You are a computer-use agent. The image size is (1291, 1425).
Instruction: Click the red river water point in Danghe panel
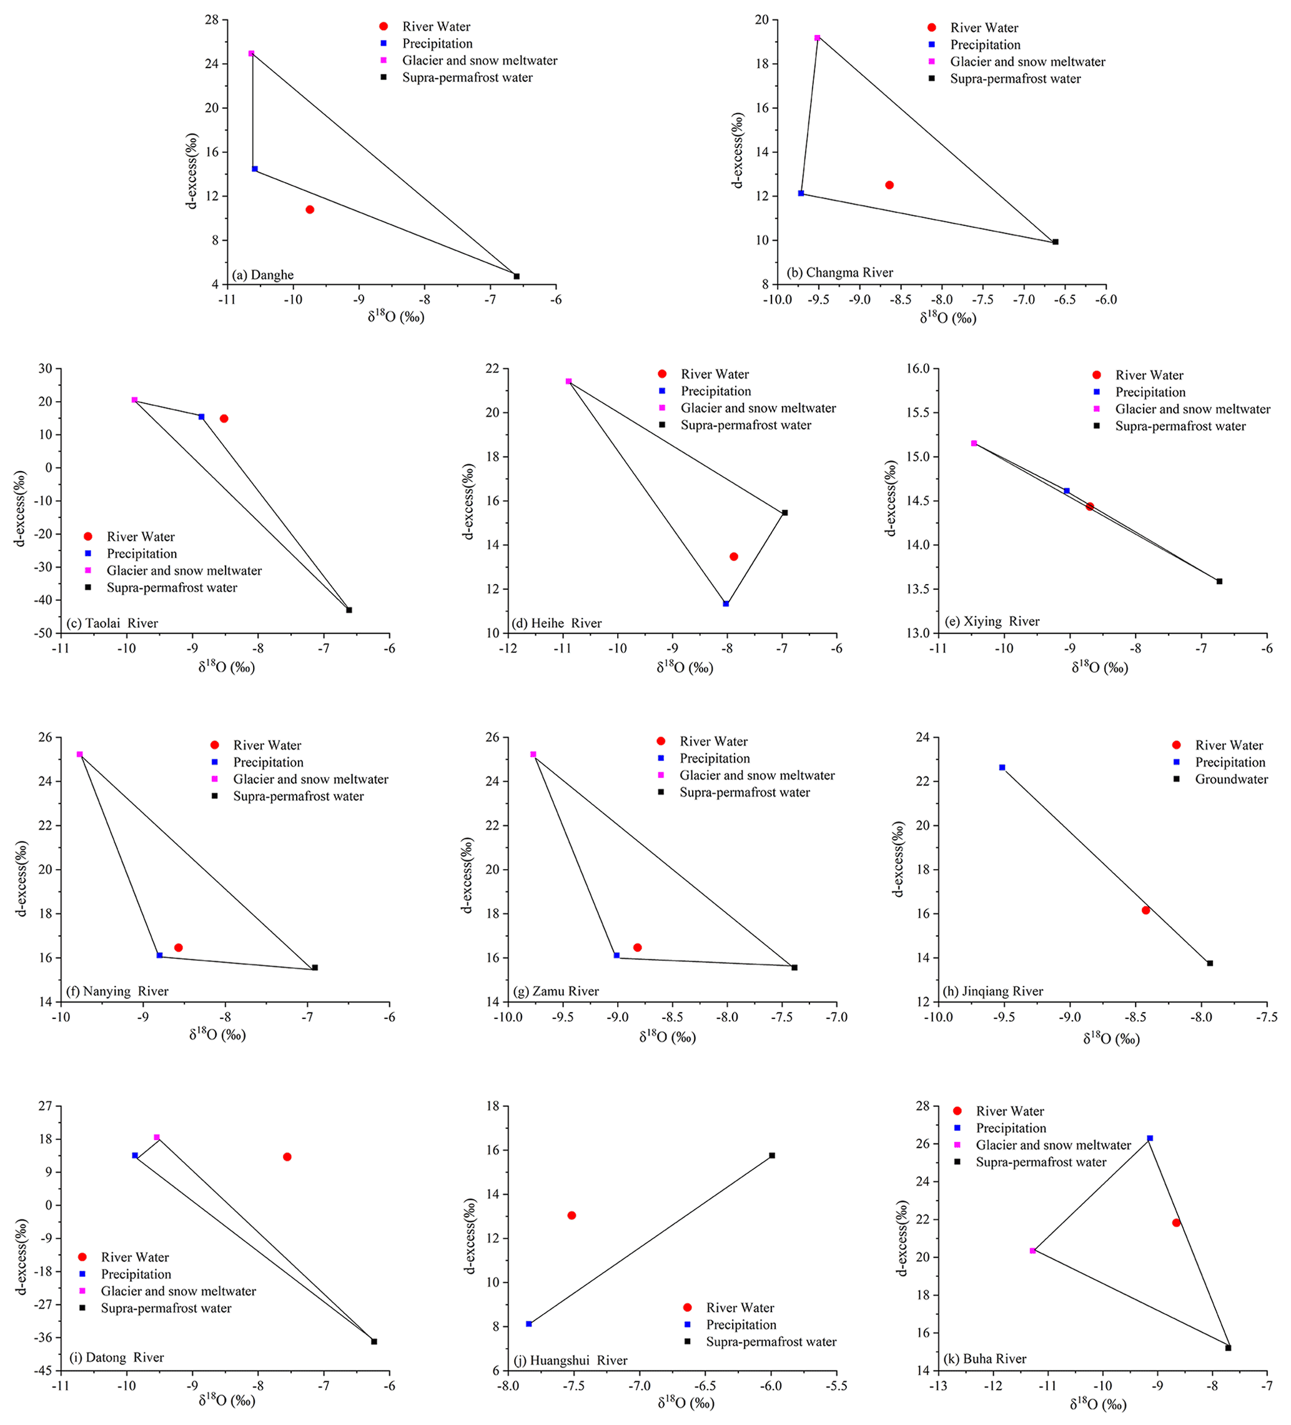coord(310,209)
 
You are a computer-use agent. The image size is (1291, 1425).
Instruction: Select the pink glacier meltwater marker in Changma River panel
coord(817,37)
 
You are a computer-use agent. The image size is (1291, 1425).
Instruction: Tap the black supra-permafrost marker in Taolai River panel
coord(349,610)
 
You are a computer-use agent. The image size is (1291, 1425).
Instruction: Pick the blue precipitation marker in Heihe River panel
coord(726,603)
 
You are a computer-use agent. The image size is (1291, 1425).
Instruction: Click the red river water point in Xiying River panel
coord(1090,506)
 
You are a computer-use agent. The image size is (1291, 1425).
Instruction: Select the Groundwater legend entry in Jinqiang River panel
coord(1231,779)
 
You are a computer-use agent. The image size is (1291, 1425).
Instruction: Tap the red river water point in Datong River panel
coord(287,1156)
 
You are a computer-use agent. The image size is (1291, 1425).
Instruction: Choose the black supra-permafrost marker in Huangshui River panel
coord(771,1155)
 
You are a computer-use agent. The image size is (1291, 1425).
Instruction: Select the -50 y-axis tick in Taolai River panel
coord(44,633)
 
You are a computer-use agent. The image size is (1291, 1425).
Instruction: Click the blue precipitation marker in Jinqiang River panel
coord(1002,767)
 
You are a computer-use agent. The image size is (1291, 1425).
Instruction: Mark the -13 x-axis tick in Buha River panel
coord(937,1386)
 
